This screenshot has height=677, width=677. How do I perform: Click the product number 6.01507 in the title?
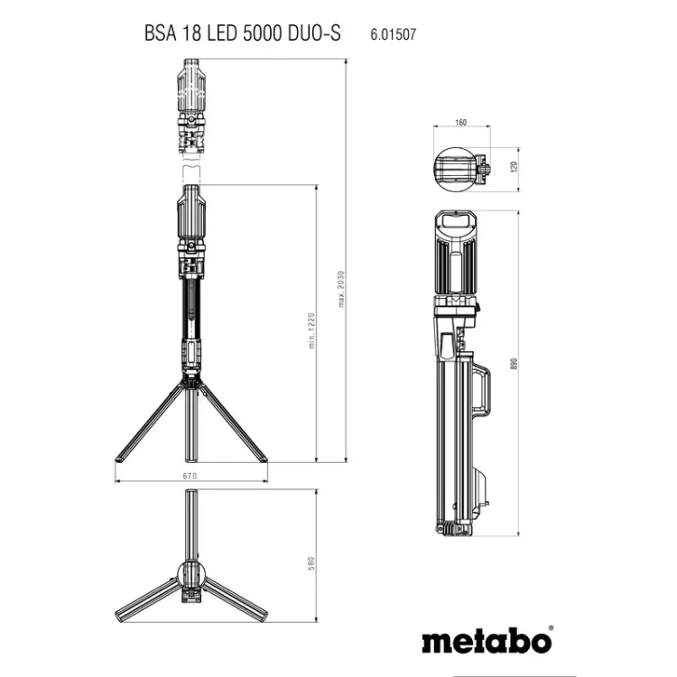tap(393, 34)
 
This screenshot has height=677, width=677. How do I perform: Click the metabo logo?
tap(487, 642)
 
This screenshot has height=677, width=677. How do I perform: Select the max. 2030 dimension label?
tap(341, 289)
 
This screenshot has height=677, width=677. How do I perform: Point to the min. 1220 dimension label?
tap(311, 330)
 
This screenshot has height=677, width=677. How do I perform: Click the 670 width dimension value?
tap(190, 476)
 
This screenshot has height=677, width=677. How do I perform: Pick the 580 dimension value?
tap(311, 563)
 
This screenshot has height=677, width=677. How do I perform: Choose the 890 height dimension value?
tap(514, 364)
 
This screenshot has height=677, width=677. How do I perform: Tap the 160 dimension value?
tap(461, 123)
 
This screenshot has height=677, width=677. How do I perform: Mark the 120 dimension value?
tap(514, 167)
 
